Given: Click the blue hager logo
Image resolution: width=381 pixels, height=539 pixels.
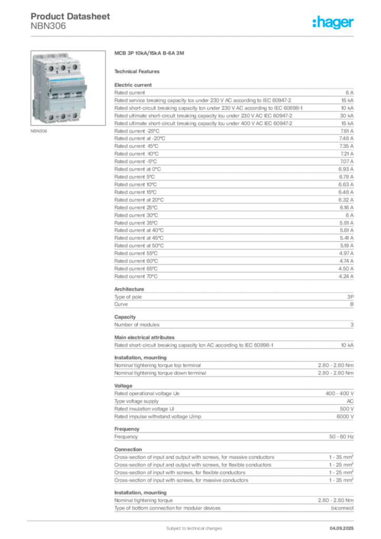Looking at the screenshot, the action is click(334, 23).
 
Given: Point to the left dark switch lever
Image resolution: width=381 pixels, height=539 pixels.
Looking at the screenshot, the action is click(54, 95).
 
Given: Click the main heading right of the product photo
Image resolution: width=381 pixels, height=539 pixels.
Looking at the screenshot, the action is click(149, 54).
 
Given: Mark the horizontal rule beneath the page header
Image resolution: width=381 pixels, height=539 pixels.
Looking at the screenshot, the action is click(193, 36).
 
